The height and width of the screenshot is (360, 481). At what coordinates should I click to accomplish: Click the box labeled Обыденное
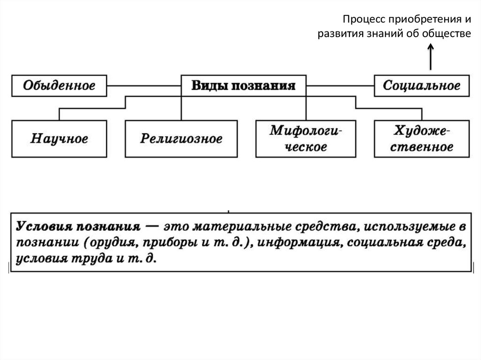click(x=60, y=86)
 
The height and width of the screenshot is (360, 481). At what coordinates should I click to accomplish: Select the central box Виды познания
click(x=243, y=86)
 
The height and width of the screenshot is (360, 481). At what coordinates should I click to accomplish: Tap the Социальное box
click(x=421, y=86)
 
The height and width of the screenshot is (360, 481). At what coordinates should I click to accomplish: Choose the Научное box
click(x=59, y=139)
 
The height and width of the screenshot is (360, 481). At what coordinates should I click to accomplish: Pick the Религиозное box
click(x=181, y=139)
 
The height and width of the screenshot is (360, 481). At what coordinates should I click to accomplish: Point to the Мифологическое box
click(x=305, y=138)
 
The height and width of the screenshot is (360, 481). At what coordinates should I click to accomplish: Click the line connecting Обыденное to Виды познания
click(x=144, y=86)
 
